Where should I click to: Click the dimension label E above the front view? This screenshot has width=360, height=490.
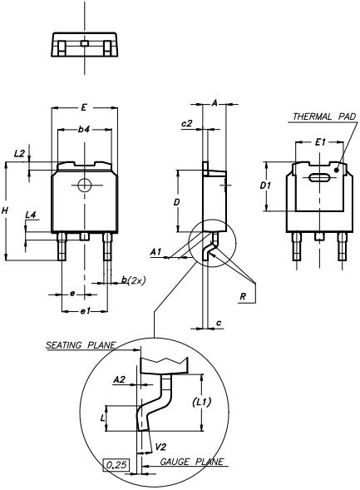[x=84, y=107]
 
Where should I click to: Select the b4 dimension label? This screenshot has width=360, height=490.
[x=84, y=129]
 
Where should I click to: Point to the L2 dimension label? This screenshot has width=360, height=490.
[x=19, y=153]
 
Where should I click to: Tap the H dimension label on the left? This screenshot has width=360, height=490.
[x=5, y=210]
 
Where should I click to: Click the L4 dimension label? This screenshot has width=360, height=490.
[x=31, y=215]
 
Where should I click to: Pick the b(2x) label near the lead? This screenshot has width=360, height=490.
[x=133, y=280]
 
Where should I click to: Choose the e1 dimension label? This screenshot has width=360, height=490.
[x=86, y=311]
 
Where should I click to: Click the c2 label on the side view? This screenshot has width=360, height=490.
[x=187, y=124]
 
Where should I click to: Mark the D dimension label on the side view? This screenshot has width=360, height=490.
[x=177, y=202]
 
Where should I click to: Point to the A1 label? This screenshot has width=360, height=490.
[x=155, y=251]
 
